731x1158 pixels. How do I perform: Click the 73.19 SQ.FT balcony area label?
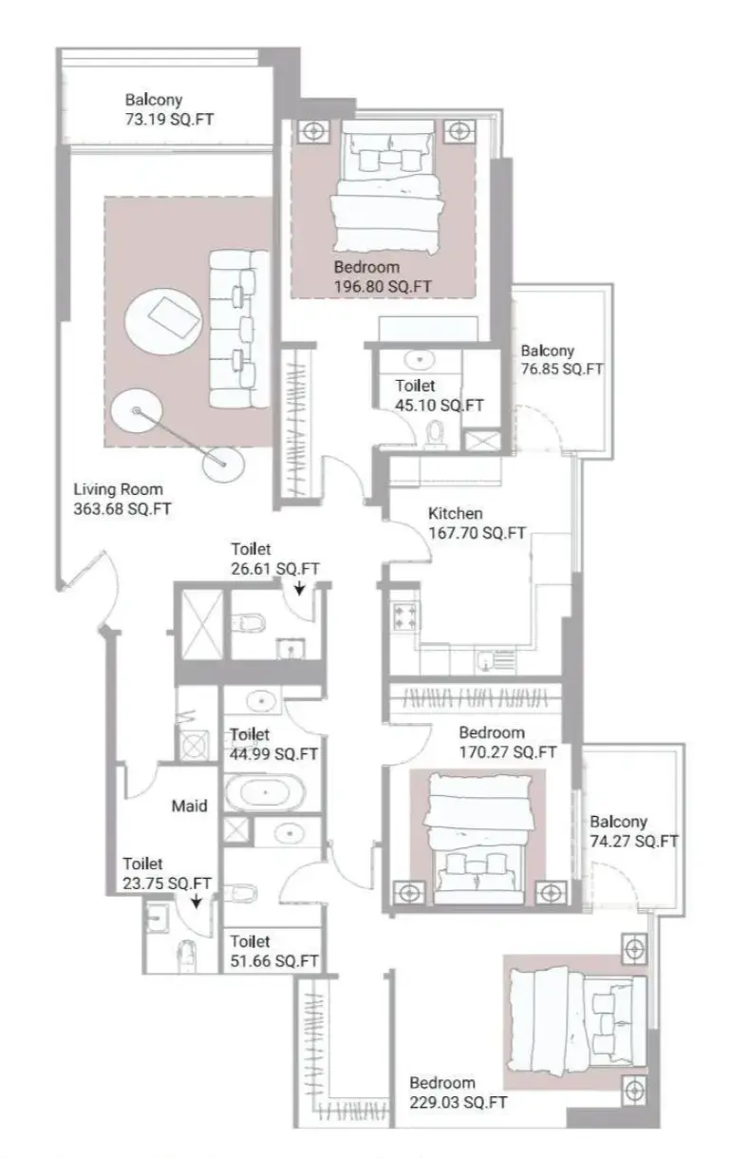point(169,120)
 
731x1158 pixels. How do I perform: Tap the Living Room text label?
point(118,489)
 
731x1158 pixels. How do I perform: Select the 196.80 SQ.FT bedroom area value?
point(383,286)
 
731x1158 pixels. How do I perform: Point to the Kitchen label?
point(455,513)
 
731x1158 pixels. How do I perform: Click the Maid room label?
point(189,806)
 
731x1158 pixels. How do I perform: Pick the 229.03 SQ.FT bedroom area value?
point(459,1102)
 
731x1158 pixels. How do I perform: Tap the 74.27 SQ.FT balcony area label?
point(634,841)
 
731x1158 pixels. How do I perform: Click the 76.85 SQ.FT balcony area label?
point(562,370)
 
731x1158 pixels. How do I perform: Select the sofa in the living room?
point(239,330)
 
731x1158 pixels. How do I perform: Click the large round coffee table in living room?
point(162,321)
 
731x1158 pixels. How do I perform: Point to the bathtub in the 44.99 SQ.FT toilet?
point(266,791)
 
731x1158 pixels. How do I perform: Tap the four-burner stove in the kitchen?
point(405,617)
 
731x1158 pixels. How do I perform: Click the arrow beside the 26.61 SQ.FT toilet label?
point(299,588)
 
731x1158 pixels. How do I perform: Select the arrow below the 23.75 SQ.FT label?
point(196,902)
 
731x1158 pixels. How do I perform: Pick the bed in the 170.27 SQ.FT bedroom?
point(479,838)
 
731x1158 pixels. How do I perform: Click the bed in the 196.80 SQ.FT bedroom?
point(387,188)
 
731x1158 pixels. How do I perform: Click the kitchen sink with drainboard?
point(497,661)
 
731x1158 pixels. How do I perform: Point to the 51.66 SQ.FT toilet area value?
point(273,961)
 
